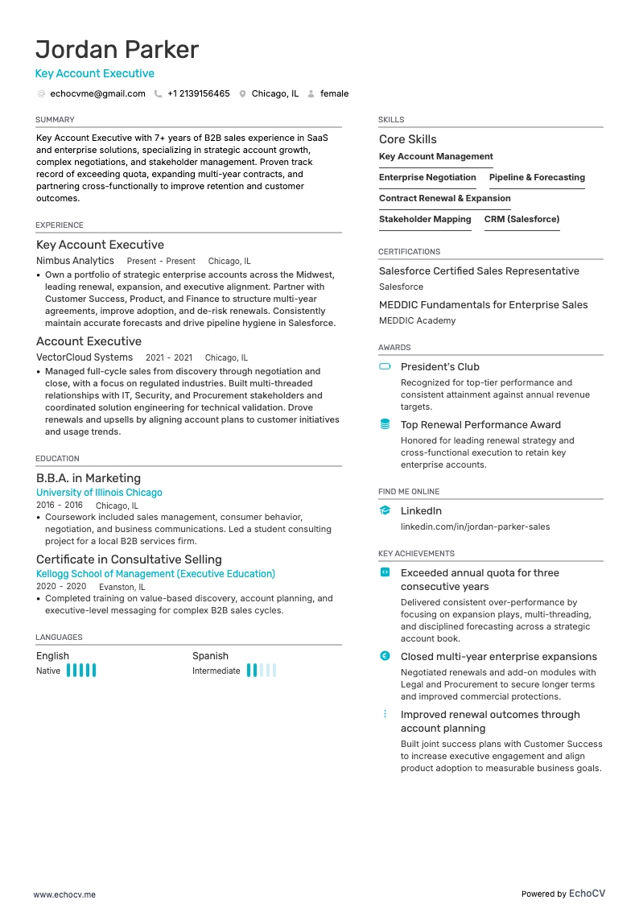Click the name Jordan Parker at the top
tap(117, 50)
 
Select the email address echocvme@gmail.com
tap(97, 94)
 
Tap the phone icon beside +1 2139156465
tap(159, 94)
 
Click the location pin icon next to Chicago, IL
tap(242, 94)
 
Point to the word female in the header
tap(334, 94)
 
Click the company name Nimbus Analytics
tap(75, 261)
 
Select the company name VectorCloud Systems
tap(85, 357)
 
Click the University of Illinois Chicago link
tap(99, 493)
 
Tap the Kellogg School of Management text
tap(155, 574)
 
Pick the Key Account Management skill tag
tap(435, 157)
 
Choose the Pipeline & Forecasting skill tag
tap(537, 178)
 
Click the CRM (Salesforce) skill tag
tap(522, 220)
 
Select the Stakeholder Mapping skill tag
tap(425, 220)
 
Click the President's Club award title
tap(439, 367)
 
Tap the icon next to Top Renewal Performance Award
tap(385, 424)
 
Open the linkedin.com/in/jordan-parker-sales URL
tap(475, 527)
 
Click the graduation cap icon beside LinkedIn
tap(385, 510)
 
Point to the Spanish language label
tap(210, 656)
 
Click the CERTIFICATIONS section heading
tap(409, 252)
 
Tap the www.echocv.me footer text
tap(64, 872)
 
